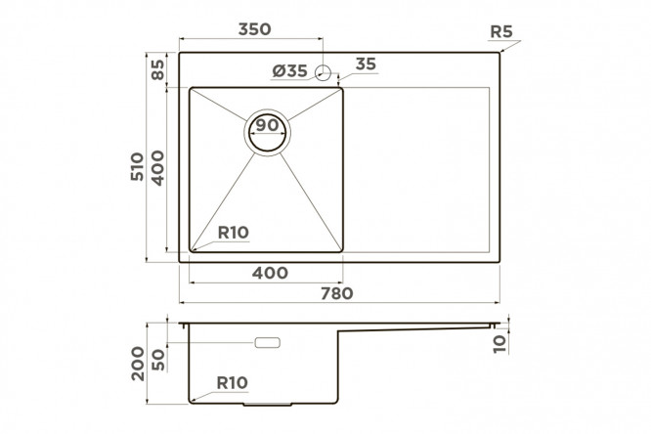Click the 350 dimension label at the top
point(254,29)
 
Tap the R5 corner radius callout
point(501,31)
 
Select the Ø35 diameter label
point(289,71)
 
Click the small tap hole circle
point(323,73)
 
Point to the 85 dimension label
point(158,69)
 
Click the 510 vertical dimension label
point(137,166)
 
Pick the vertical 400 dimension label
point(157,168)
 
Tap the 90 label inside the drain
point(267,124)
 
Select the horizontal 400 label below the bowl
point(270,273)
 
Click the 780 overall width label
point(336,293)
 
